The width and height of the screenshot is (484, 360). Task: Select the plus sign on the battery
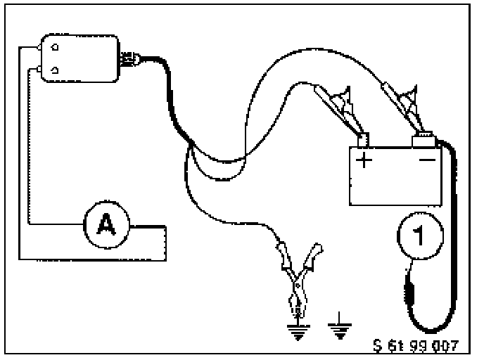pyautogui.click(x=364, y=160)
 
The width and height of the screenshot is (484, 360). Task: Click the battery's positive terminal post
pyautogui.click(x=363, y=141)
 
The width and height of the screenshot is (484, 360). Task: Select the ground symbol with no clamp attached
pyautogui.click(x=340, y=327)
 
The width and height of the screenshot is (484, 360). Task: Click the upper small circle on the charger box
pyautogui.click(x=53, y=49)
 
